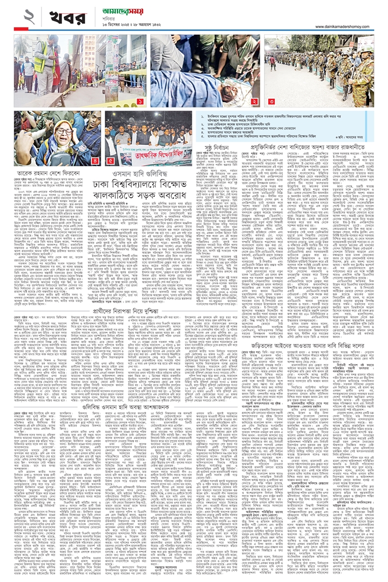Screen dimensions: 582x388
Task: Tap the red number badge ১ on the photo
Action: (x=140, y=102)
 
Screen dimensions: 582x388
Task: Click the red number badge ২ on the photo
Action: (x=253, y=102)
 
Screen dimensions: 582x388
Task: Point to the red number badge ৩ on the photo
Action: (x=272, y=102)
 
